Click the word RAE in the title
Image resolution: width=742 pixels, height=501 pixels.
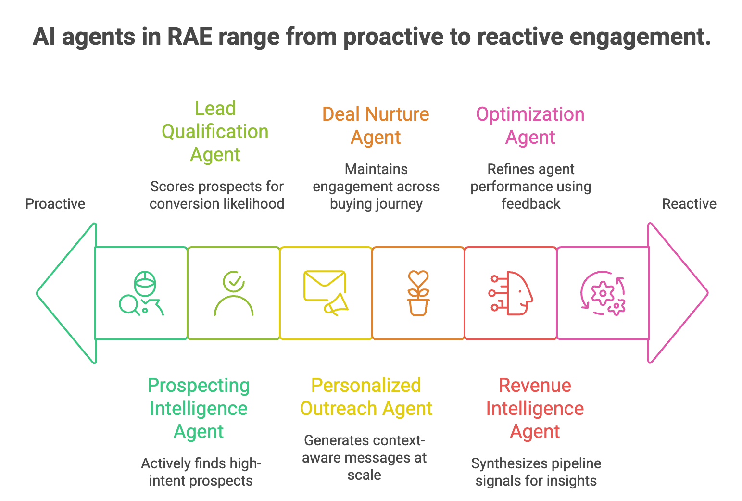click(x=189, y=38)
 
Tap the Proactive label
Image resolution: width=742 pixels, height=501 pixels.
click(x=55, y=204)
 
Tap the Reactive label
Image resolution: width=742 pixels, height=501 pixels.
click(x=689, y=204)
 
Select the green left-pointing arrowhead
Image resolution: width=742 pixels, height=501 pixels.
click(x=67, y=293)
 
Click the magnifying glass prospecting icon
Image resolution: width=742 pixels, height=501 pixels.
click(x=141, y=293)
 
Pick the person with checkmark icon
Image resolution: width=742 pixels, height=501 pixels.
click(x=234, y=293)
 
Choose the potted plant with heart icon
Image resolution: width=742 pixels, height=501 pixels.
click(x=418, y=293)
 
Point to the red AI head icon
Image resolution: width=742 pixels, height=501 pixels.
click(x=511, y=293)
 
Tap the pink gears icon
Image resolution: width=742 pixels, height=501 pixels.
click(x=603, y=293)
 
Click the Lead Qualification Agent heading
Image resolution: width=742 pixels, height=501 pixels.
click(x=215, y=132)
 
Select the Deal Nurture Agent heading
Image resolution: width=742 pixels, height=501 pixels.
click(x=376, y=126)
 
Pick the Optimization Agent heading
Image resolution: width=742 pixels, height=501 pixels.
click(x=530, y=126)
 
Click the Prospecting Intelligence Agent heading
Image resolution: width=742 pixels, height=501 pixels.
click(x=199, y=409)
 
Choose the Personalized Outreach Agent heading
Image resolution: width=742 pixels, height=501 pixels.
click(x=366, y=397)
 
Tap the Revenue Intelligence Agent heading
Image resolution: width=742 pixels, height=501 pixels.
click(x=535, y=409)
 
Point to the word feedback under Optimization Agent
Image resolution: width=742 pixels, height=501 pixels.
click(x=531, y=204)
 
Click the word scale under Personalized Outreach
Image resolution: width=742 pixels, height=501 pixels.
click(x=365, y=475)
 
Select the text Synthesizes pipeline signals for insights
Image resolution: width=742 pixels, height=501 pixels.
click(x=536, y=472)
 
